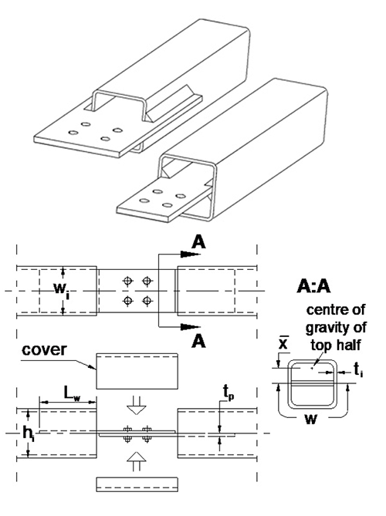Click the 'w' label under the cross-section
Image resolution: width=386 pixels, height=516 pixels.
point(310,423)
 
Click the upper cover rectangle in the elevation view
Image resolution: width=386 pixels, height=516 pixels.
point(137,373)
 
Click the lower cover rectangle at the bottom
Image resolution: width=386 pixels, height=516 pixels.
point(137,484)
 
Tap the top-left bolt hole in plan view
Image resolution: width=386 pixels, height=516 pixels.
point(128,280)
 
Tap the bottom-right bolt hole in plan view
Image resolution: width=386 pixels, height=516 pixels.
point(147,300)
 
